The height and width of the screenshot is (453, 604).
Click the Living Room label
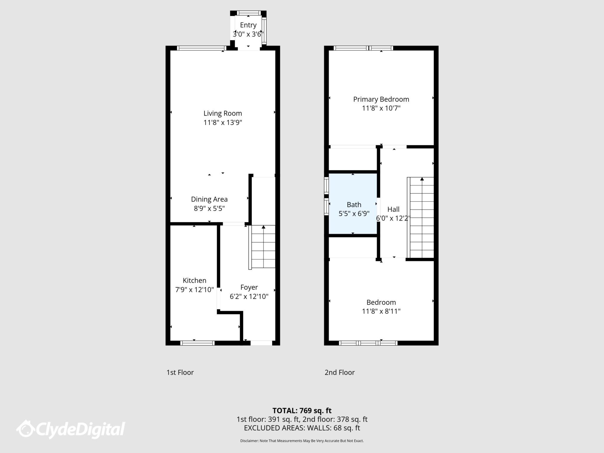(223, 114)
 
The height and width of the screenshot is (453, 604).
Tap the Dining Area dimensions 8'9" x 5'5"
(209, 209)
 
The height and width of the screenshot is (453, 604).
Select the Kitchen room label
(194, 280)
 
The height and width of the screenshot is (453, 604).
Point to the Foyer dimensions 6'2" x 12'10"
(249, 296)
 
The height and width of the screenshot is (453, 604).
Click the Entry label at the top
(248, 25)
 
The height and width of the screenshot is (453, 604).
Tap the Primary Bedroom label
(381, 99)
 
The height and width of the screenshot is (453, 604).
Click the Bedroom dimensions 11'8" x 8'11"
(381, 311)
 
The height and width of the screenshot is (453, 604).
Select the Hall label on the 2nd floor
(393, 209)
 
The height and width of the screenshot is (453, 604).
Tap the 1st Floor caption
(180, 372)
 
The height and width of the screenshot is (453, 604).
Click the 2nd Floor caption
(339, 372)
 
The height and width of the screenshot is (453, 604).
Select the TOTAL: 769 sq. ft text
(302, 411)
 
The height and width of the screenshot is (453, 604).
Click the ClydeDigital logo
(71, 429)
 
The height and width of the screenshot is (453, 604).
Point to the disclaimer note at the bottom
(302, 441)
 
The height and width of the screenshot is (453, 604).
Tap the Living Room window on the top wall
(201, 48)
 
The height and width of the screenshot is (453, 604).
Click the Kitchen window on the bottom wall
(197, 343)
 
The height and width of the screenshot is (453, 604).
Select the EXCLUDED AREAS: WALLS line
(302, 428)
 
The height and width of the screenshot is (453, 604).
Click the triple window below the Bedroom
(368, 343)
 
